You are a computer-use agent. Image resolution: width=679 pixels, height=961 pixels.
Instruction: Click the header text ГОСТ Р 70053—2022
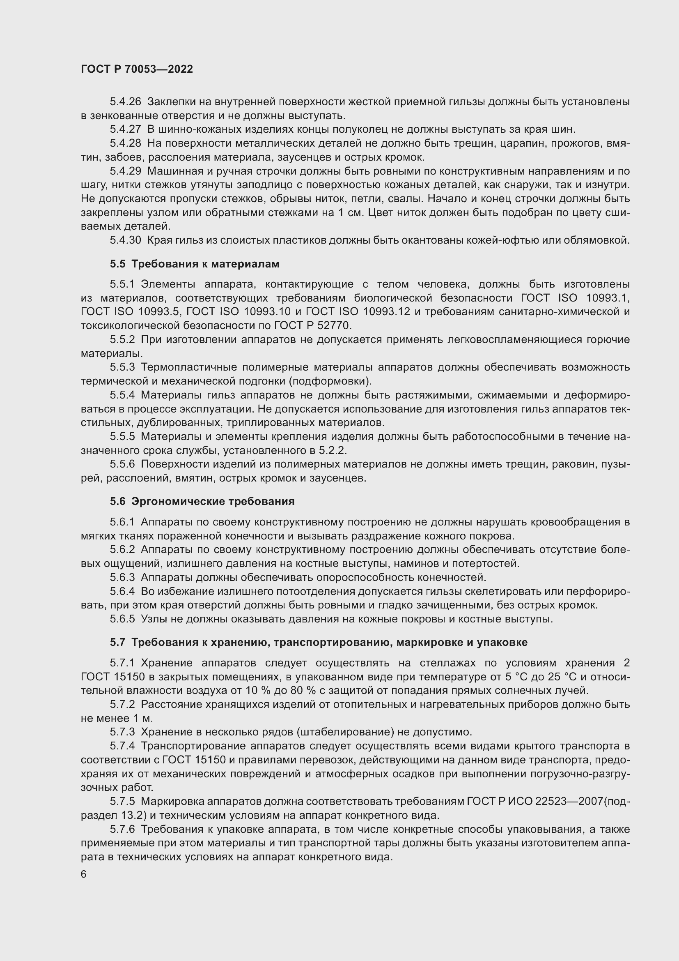click(137, 69)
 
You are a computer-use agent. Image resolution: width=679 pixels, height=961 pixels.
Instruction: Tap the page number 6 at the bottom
click(84, 874)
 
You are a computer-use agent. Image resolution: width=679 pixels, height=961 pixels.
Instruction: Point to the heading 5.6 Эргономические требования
click(202, 501)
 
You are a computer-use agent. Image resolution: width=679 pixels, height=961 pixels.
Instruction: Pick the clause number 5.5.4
click(122, 395)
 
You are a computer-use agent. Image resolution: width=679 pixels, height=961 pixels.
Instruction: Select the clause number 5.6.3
click(122, 578)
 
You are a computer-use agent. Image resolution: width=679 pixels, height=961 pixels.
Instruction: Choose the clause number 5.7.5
click(122, 802)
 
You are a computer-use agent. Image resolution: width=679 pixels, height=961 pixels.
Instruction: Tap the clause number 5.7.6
click(122, 829)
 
